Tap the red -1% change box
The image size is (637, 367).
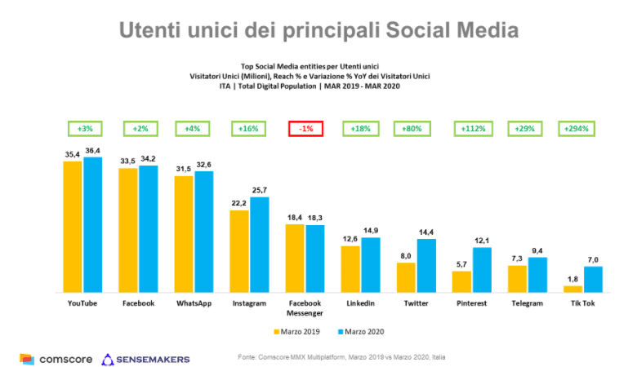tap(305, 128)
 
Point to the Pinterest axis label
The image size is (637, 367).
tap(471, 303)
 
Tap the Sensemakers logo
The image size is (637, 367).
tap(146, 359)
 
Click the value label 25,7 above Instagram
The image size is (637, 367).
tap(259, 189)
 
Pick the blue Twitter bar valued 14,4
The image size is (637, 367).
tap(425, 265)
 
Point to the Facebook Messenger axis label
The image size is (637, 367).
tap(305, 307)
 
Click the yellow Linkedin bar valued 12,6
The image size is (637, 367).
tap(350, 268)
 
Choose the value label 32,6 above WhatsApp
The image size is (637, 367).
tap(203, 164)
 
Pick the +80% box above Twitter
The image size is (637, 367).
tap(414, 128)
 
